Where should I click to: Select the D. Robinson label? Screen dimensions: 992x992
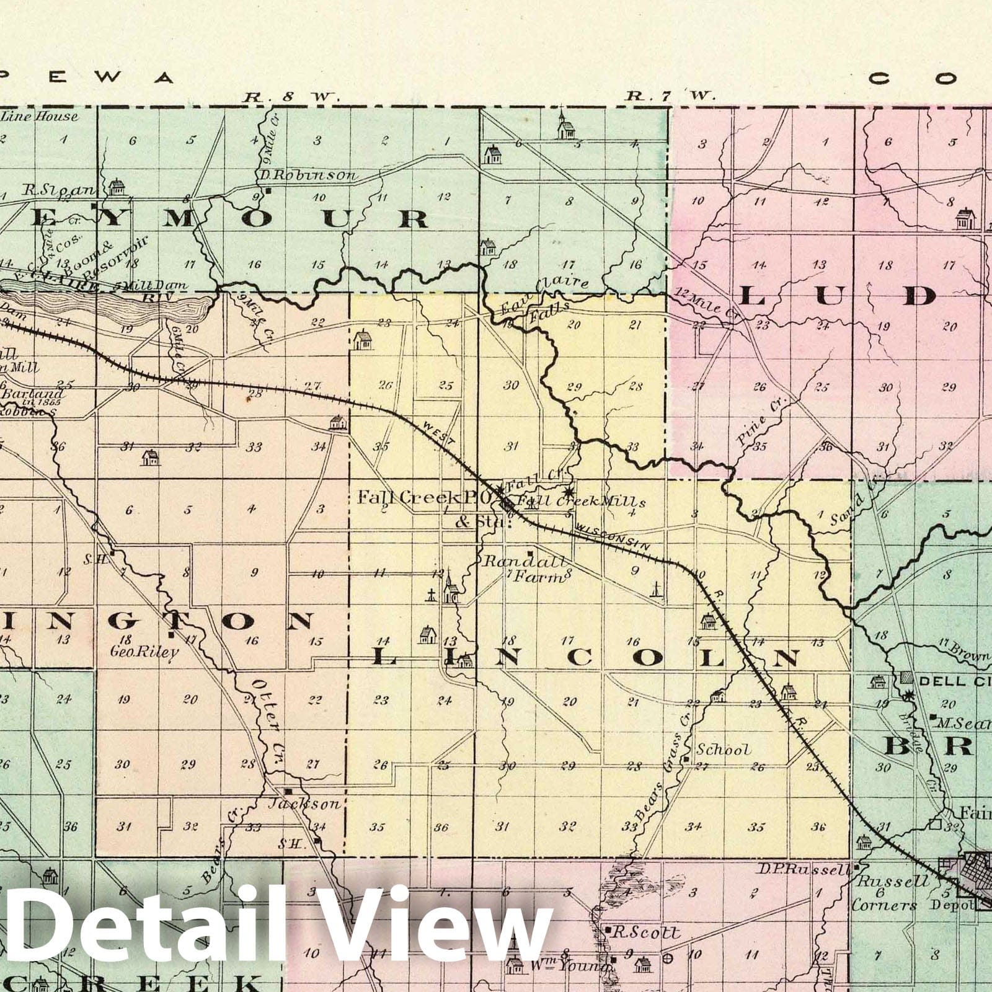click(308, 175)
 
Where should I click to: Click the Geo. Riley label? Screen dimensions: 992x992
click(144, 652)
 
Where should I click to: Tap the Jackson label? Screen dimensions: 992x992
click(304, 804)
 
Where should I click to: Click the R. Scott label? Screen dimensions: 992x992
click(649, 932)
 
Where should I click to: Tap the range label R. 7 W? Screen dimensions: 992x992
click(670, 95)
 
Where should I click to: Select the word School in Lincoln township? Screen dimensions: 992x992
click(723, 750)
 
